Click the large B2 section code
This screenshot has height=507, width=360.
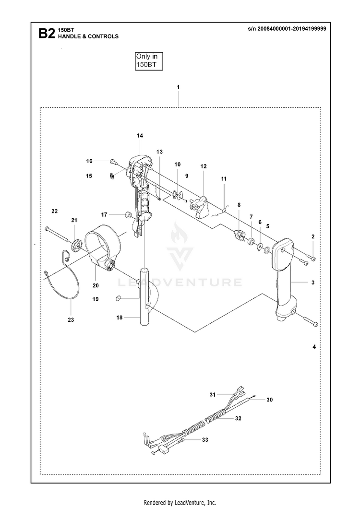coord(47,33)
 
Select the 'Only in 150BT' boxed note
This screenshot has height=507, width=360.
coord(148,61)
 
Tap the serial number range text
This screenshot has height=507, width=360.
coord(287,28)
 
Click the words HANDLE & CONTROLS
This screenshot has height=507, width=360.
coord(88,36)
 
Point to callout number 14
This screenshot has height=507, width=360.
coord(140,136)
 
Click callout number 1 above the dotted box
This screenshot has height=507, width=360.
coord(178,87)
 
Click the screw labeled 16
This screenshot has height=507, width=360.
coord(113,161)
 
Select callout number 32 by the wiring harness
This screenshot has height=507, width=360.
coord(238,418)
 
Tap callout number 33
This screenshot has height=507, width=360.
coord(205,440)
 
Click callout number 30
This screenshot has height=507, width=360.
coord(269,400)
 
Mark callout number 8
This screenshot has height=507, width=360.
coord(239,205)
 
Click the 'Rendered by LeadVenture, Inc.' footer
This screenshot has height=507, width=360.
coord(180,503)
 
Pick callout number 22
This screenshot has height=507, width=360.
coord(54,211)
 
